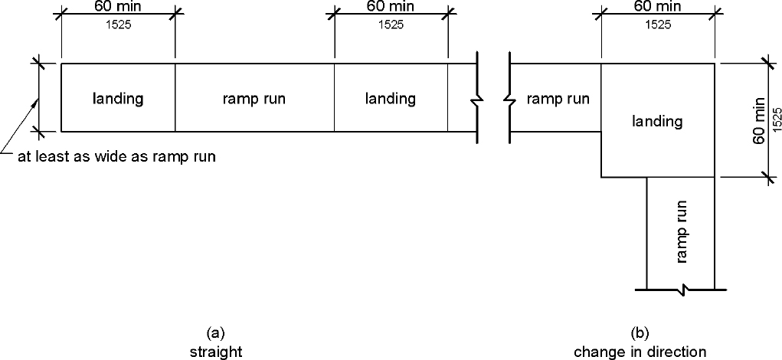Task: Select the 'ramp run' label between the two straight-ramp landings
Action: click(254, 98)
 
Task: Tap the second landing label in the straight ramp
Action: click(390, 98)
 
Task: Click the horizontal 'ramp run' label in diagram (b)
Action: click(558, 98)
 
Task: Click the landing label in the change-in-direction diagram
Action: click(658, 121)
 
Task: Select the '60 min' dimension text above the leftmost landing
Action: click(118, 8)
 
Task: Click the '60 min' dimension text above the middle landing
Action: click(391, 8)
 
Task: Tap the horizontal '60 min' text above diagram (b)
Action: click(657, 8)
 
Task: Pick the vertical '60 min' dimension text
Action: click(759, 119)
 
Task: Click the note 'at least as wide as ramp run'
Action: click(116, 158)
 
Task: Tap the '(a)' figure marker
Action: click(215, 333)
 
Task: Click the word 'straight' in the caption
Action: click(216, 352)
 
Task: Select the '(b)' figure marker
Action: click(640, 333)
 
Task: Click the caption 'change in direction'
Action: click(640, 352)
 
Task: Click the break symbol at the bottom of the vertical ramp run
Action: click(681, 290)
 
